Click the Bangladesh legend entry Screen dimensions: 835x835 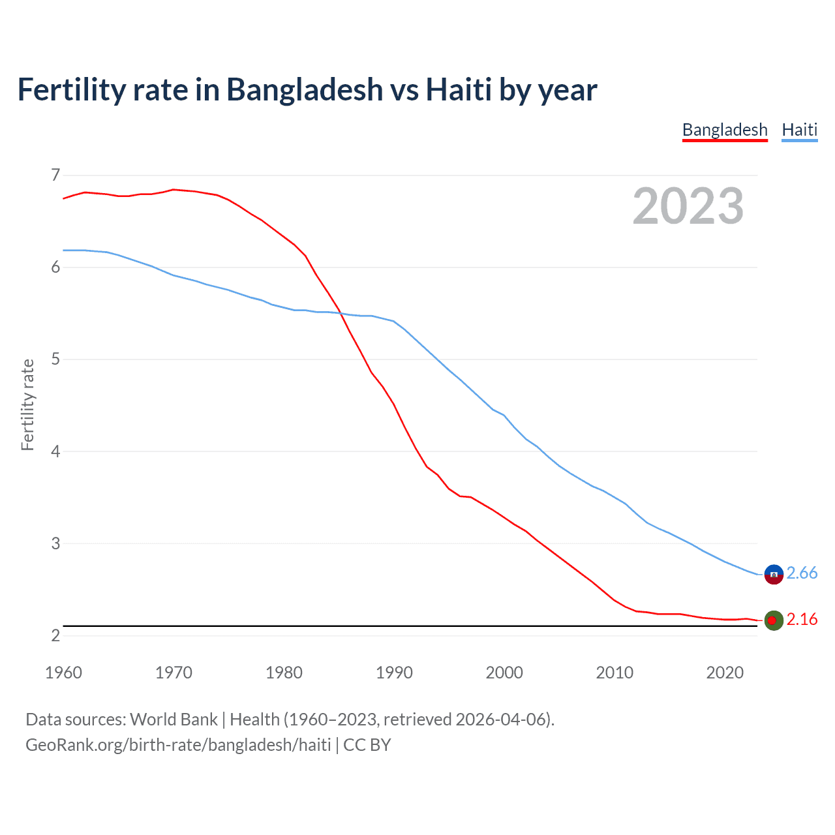point(725,130)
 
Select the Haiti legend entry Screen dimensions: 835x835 point(799,130)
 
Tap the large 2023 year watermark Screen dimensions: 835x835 point(688,206)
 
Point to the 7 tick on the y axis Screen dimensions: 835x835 point(55,175)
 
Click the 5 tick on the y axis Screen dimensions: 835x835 point(55,359)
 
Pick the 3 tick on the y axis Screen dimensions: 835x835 point(55,543)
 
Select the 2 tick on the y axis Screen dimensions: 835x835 point(55,635)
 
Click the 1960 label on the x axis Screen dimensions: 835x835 point(63,673)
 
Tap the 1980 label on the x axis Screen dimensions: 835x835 point(284,673)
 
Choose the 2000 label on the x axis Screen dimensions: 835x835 point(504,673)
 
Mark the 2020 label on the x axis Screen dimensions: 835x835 point(725,673)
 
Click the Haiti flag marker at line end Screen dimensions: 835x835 point(774,574)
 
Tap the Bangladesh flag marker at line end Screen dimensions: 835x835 point(774,620)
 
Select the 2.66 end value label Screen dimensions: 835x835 point(802,573)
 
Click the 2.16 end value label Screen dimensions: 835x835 point(802,619)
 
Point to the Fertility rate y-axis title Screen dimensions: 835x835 point(27,404)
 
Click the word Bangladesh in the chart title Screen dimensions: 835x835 point(305,89)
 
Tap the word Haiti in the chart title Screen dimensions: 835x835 point(459,89)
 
